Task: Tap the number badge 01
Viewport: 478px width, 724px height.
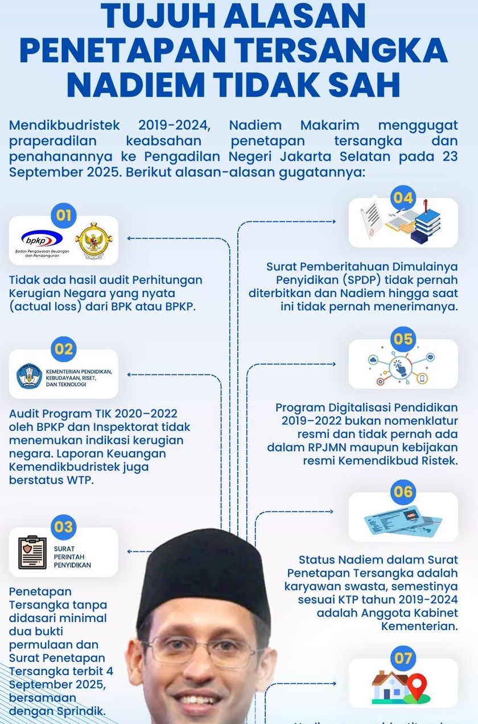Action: (x=64, y=215)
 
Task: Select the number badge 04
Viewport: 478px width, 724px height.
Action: (x=403, y=198)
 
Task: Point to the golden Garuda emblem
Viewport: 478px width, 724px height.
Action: (x=94, y=240)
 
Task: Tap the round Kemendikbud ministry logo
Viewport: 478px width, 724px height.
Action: (x=28, y=376)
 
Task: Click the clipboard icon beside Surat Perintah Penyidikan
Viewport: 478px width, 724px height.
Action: (x=32, y=552)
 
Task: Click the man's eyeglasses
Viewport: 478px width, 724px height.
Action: (x=204, y=648)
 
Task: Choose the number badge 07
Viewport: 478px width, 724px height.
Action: (x=403, y=659)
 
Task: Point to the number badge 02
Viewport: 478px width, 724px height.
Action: (x=64, y=348)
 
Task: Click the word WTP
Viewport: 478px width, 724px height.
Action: (x=80, y=480)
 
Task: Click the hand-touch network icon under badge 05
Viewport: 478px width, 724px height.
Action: (x=402, y=364)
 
